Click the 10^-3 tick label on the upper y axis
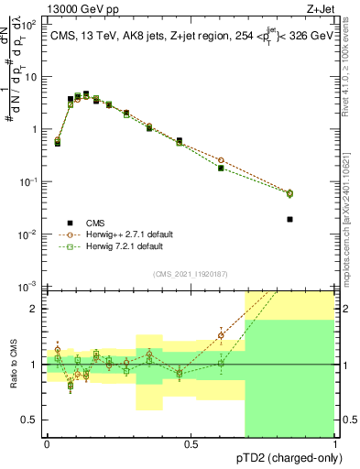[30, 287]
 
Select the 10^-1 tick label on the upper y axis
[30, 181]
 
